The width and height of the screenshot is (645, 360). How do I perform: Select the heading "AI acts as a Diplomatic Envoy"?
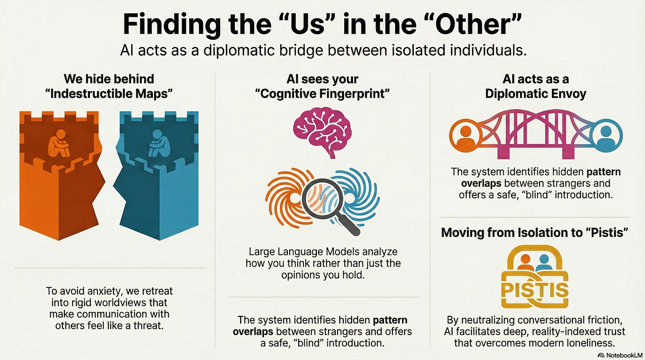point(536,87)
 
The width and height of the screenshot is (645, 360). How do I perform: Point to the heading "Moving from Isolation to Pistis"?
point(535,233)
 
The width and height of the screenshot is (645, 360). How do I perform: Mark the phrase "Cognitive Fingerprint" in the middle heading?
point(322,94)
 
